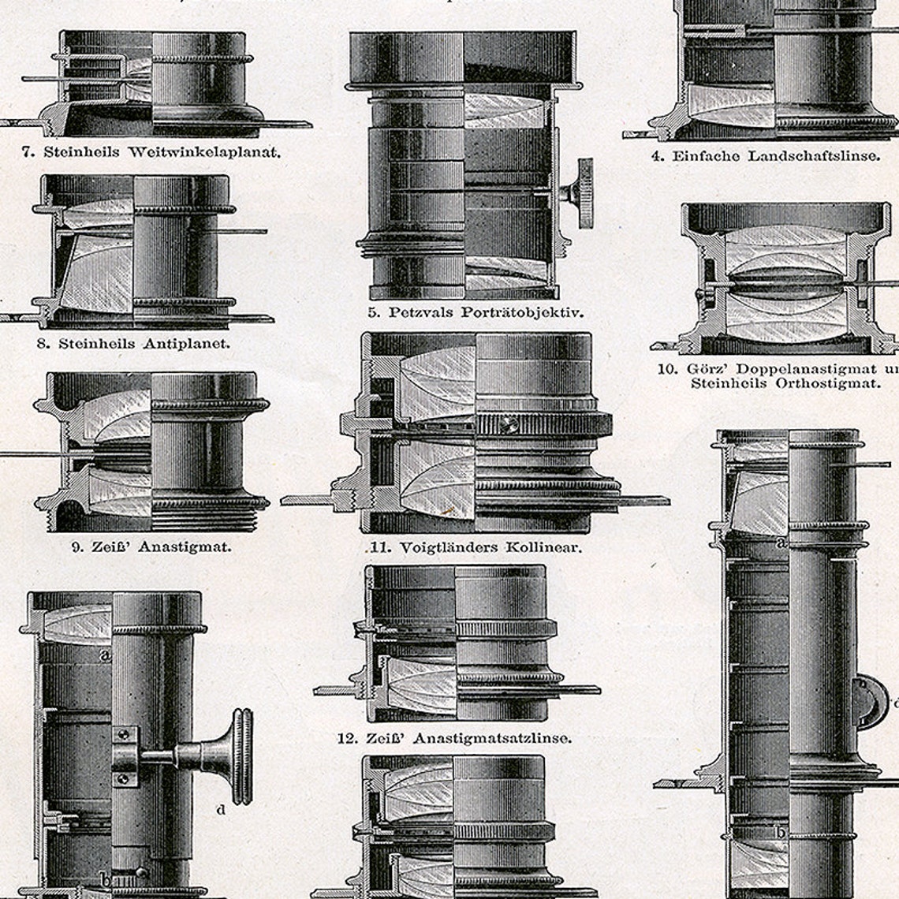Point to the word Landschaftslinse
point(813,155)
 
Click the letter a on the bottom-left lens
point(104,654)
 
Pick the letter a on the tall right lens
point(781,543)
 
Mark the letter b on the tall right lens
point(780,832)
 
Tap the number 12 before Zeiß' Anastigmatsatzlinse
point(345,738)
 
